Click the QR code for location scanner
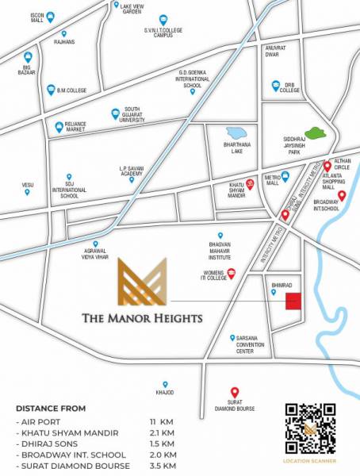click(310, 429)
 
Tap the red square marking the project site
click(293, 301)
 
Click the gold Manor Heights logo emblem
click(144, 283)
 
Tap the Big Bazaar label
click(29, 70)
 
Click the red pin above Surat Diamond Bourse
click(234, 391)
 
